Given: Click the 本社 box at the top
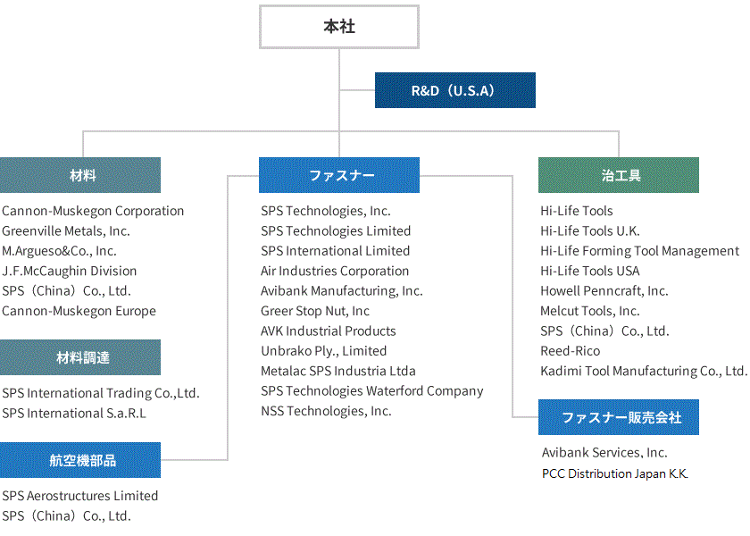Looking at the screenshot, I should [338, 27].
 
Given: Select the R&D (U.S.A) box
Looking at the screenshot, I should [454, 90].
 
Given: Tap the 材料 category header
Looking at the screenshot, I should [80, 175].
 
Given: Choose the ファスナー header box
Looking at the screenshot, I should [338, 175].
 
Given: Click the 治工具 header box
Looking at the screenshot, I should [618, 175].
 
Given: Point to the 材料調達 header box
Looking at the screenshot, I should [80, 357].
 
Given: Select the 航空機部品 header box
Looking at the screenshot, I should [80, 460].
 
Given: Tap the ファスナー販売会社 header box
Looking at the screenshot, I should [618, 417].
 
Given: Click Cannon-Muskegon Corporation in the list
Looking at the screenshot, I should [93, 211].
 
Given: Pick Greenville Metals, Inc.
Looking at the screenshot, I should [66, 230].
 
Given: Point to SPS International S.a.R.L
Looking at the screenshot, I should [74, 413].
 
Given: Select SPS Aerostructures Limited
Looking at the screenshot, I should [80, 496].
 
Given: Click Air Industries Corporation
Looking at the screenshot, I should [335, 271].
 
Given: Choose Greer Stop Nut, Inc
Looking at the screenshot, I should [315, 311].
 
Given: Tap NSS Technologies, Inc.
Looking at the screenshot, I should [326, 411].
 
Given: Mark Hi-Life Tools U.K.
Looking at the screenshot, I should [590, 230].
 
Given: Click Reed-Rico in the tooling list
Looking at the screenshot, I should [571, 351].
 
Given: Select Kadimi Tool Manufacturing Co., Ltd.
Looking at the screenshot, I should [643, 371].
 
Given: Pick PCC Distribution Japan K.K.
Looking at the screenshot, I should [615, 473].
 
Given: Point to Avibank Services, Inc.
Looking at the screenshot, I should [604, 453].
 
